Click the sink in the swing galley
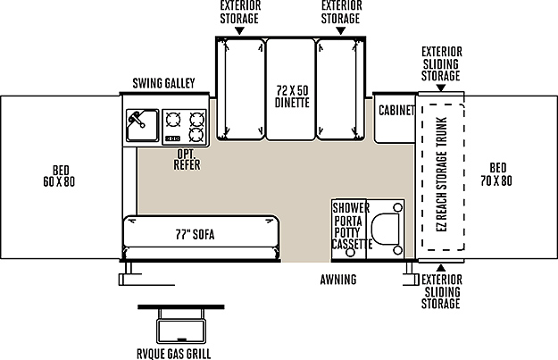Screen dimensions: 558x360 [x=142, y=125]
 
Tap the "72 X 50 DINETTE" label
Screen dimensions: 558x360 [x=292, y=96]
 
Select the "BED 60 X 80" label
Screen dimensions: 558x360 [x=59, y=176]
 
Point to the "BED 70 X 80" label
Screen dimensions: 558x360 [x=496, y=174]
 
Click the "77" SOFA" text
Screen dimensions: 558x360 [x=195, y=234]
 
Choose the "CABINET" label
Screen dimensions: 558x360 [x=396, y=111]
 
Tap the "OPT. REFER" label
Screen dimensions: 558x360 [x=187, y=160]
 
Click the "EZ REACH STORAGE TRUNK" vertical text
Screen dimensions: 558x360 [x=441, y=174]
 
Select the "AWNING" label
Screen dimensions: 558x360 [x=338, y=280]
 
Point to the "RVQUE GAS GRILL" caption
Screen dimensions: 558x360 [x=174, y=354]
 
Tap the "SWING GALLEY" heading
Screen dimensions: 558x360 [x=163, y=83]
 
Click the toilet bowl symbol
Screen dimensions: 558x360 [x=386, y=229]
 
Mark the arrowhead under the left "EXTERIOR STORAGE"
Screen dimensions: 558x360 [x=239, y=31]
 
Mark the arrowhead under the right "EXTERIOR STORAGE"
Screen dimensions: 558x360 [x=341, y=31]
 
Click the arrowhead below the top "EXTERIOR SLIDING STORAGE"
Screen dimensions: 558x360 [x=441, y=88]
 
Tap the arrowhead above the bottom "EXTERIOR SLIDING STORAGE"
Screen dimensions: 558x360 [x=441, y=268]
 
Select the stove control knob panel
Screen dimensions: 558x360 [x=173, y=138]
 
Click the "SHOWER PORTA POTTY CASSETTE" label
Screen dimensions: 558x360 [x=351, y=226]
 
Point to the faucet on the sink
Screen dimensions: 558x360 [x=137, y=120]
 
